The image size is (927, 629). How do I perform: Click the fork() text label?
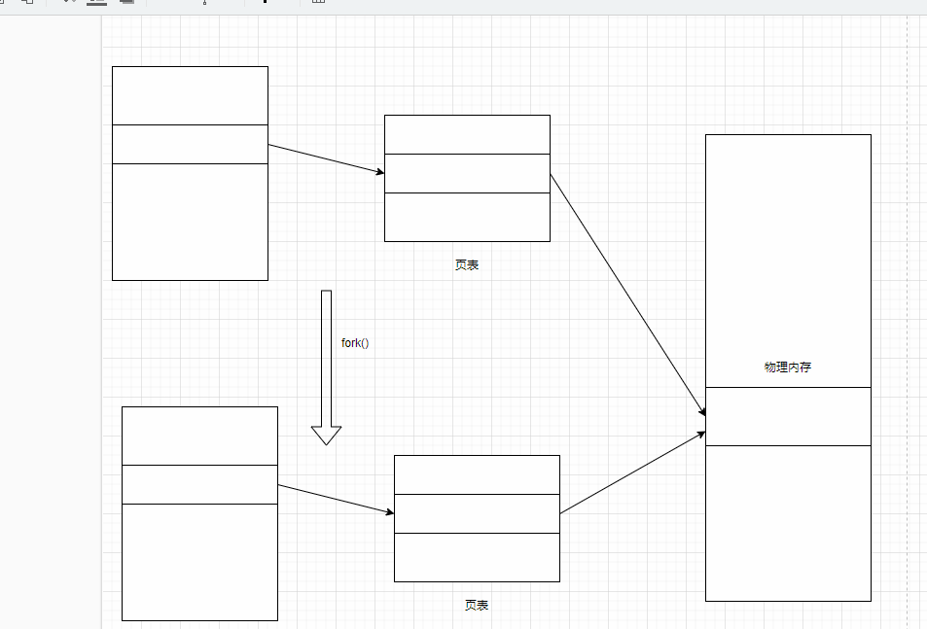[355, 343]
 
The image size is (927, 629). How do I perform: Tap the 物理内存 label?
[788, 367]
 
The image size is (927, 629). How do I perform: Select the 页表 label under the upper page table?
[467, 265]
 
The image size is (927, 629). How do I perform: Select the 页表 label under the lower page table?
[477, 606]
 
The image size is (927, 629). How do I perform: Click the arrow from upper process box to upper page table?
[326, 159]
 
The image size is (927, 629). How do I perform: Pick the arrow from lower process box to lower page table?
[336, 499]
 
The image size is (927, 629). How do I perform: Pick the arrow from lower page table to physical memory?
[632, 472]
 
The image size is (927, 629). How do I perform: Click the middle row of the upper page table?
[467, 173]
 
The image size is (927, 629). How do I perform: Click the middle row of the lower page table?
[477, 513]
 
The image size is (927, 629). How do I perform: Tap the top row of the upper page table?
[467, 134]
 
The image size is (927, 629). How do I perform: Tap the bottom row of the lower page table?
[477, 557]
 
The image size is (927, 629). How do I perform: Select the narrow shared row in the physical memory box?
[788, 416]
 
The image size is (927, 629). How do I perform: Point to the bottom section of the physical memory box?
[788, 523]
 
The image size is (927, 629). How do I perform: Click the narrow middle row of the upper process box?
[190, 144]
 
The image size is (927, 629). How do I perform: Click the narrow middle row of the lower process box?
[199, 484]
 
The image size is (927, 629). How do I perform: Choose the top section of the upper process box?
[190, 95]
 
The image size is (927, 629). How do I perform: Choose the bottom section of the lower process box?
[199, 562]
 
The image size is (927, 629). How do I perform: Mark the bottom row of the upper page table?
[467, 217]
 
